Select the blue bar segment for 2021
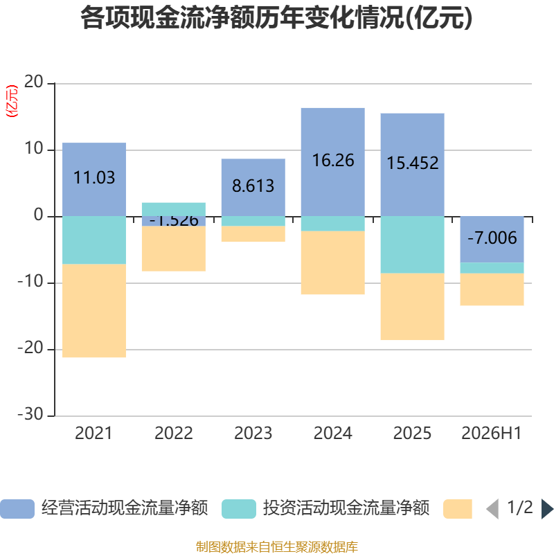[x=94, y=179]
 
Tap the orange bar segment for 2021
[x=94, y=310]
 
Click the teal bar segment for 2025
[x=412, y=244]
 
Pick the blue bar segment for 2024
[x=333, y=162]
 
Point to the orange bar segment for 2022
[x=174, y=249]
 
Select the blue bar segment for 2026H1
[x=492, y=240]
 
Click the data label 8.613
[x=253, y=186]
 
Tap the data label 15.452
[x=413, y=163]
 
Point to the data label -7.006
[x=492, y=238]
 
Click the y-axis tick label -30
[x=30, y=413]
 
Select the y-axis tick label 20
[x=33, y=82]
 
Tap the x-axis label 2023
[x=253, y=434]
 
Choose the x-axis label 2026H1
[x=492, y=434]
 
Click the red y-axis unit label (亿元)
[x=12, y=101]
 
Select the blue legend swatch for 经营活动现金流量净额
[x=17, y=509]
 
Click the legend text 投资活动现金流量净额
[x=346, y=508]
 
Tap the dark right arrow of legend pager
[x=547, y=509]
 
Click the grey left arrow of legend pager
[x=492, y=509]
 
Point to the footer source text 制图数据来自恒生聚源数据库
[x=277, y=546]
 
